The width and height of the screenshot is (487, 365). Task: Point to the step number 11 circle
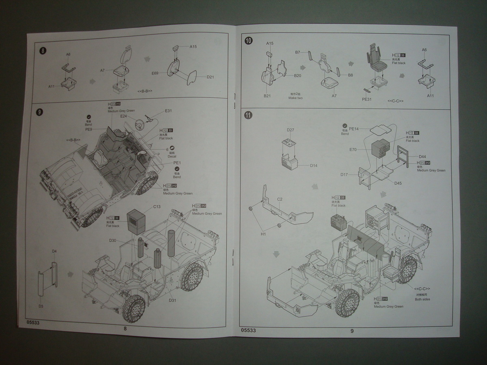coord(249,115)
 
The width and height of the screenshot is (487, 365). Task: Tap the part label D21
coord(210,77)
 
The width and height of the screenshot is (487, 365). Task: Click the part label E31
coord(168,111)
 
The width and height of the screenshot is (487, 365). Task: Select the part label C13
coord(157,207)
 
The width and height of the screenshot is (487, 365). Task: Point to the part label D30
coord(112,240)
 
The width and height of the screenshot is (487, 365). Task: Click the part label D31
coord(172,300)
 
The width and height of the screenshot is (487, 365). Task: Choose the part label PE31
coord(366,99)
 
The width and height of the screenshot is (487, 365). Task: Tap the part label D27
coord(290,130)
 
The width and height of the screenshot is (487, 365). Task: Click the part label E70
coord(352,150)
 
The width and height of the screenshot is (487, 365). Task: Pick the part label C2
coord(280,199)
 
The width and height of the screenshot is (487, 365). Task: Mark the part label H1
coord(263,234)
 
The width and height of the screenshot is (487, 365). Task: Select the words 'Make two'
coord(296,98)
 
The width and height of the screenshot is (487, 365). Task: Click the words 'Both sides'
coord(422,299)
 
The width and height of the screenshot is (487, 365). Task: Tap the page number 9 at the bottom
coord(352,331)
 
